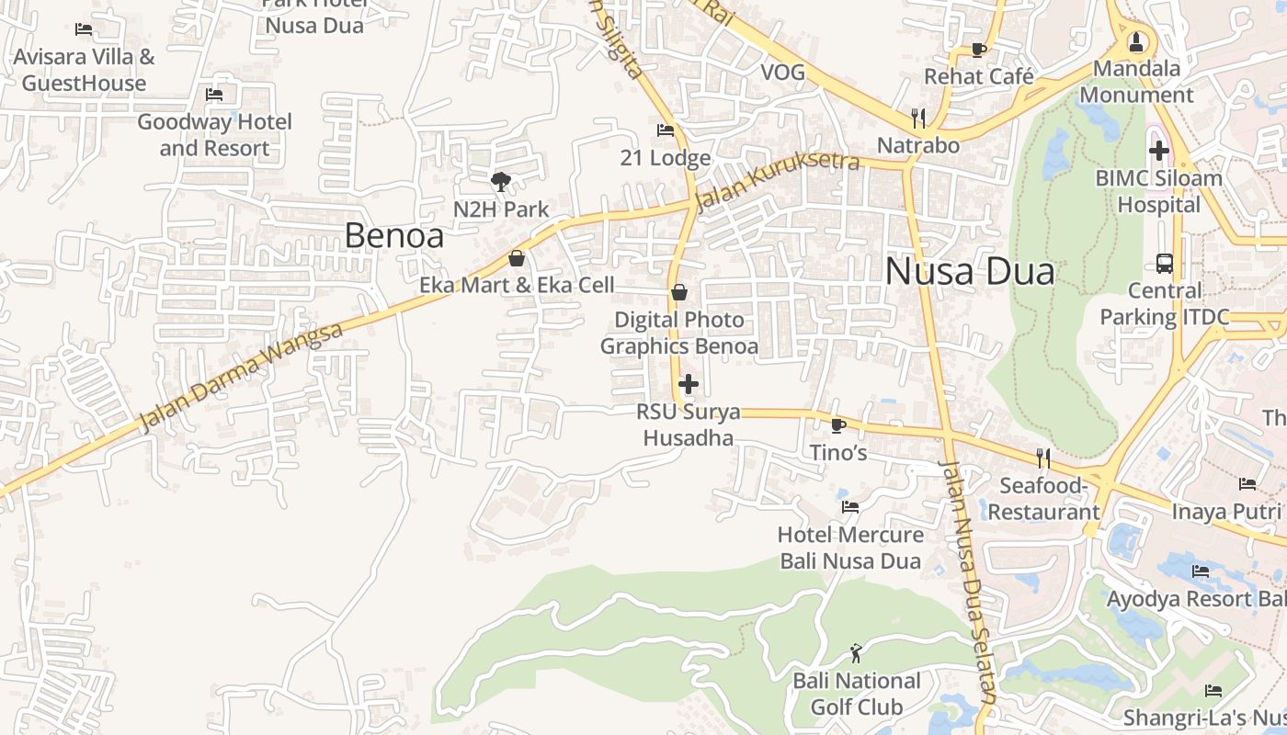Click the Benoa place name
[x=393, y=236]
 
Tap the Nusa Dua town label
[x=970, y=272]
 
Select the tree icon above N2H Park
[x=501, y=181]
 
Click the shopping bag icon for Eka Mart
[x=517, y=258]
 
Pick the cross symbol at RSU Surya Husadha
[x=689, y=384]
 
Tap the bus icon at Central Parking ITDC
[x=1165, y=264]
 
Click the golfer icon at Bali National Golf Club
[x=857, y=653]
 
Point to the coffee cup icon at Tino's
[x=837, y=424]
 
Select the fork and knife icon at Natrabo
[x=917, y=118]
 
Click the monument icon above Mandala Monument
[x=1137, y=41]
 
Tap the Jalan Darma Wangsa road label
[x=241, y=378]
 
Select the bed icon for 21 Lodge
[x=666, y=130]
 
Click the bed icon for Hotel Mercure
[x=850, y=506]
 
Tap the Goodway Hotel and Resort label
[x=214, y=134]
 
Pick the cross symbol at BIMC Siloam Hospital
[x=1159, y=150]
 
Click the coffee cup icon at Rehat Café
[x=979, y=50]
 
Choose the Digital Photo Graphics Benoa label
[x=679, y=333]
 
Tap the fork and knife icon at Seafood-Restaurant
[x=1043, y=457]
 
